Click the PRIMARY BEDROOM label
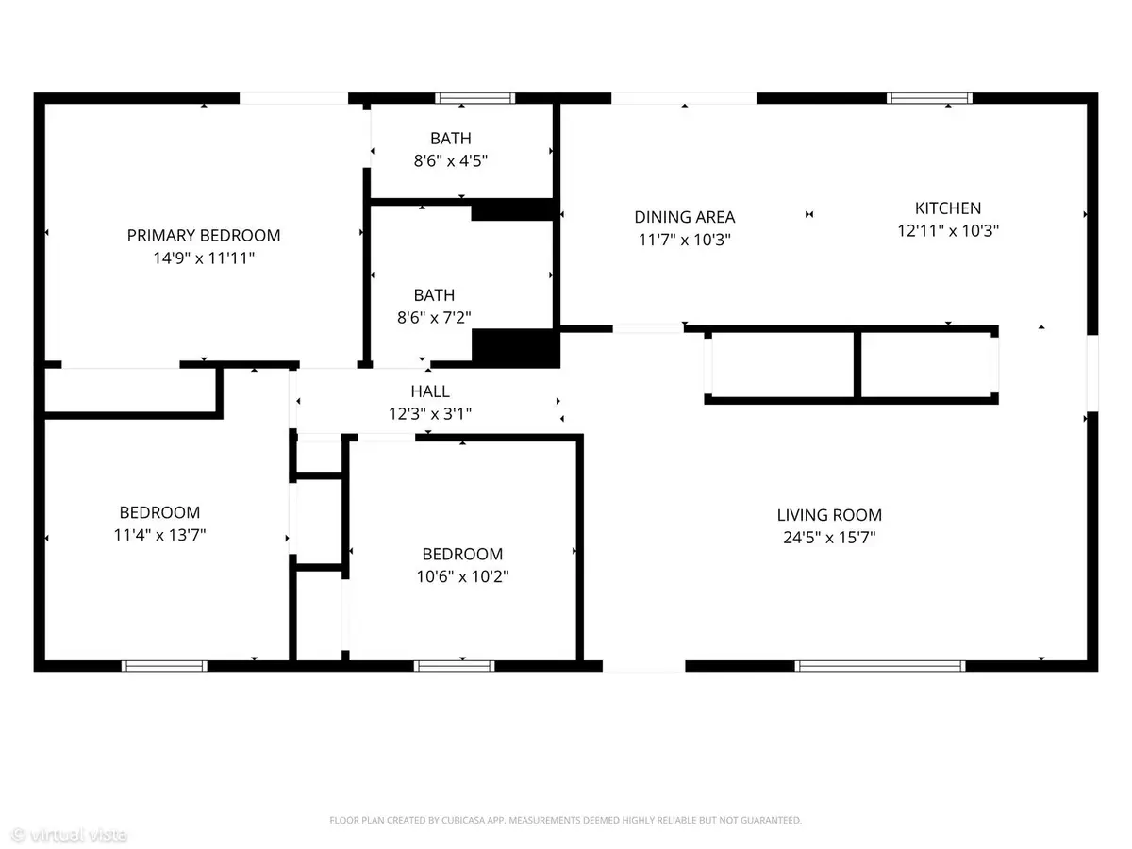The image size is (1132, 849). coord(204,236)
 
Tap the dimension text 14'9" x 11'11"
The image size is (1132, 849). coord(204,258)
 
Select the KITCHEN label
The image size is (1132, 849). coord(948,208)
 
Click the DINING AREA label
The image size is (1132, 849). coord(684,217)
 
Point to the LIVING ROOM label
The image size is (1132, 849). coord(829,515)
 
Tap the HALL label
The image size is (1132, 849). coord(430,391)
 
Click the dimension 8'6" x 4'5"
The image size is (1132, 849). coord(451,160)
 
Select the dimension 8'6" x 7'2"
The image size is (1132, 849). coord(434,318)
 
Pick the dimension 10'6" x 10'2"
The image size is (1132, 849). coord(462,576)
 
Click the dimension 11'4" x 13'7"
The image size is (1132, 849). coord(159,535)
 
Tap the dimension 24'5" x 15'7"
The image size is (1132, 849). coord(829,538)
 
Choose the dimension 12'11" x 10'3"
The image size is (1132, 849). coord(948,230)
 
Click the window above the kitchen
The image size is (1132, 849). coord(929,98)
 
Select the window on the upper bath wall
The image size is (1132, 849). coord(475,98)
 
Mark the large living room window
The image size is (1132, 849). coord(880,666)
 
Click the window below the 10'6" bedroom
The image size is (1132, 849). coord(455,666)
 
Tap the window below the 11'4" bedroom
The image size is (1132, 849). coord(164,666)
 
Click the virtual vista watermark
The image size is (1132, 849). coord(69,835)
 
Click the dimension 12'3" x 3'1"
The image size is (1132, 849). coord(430,414)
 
